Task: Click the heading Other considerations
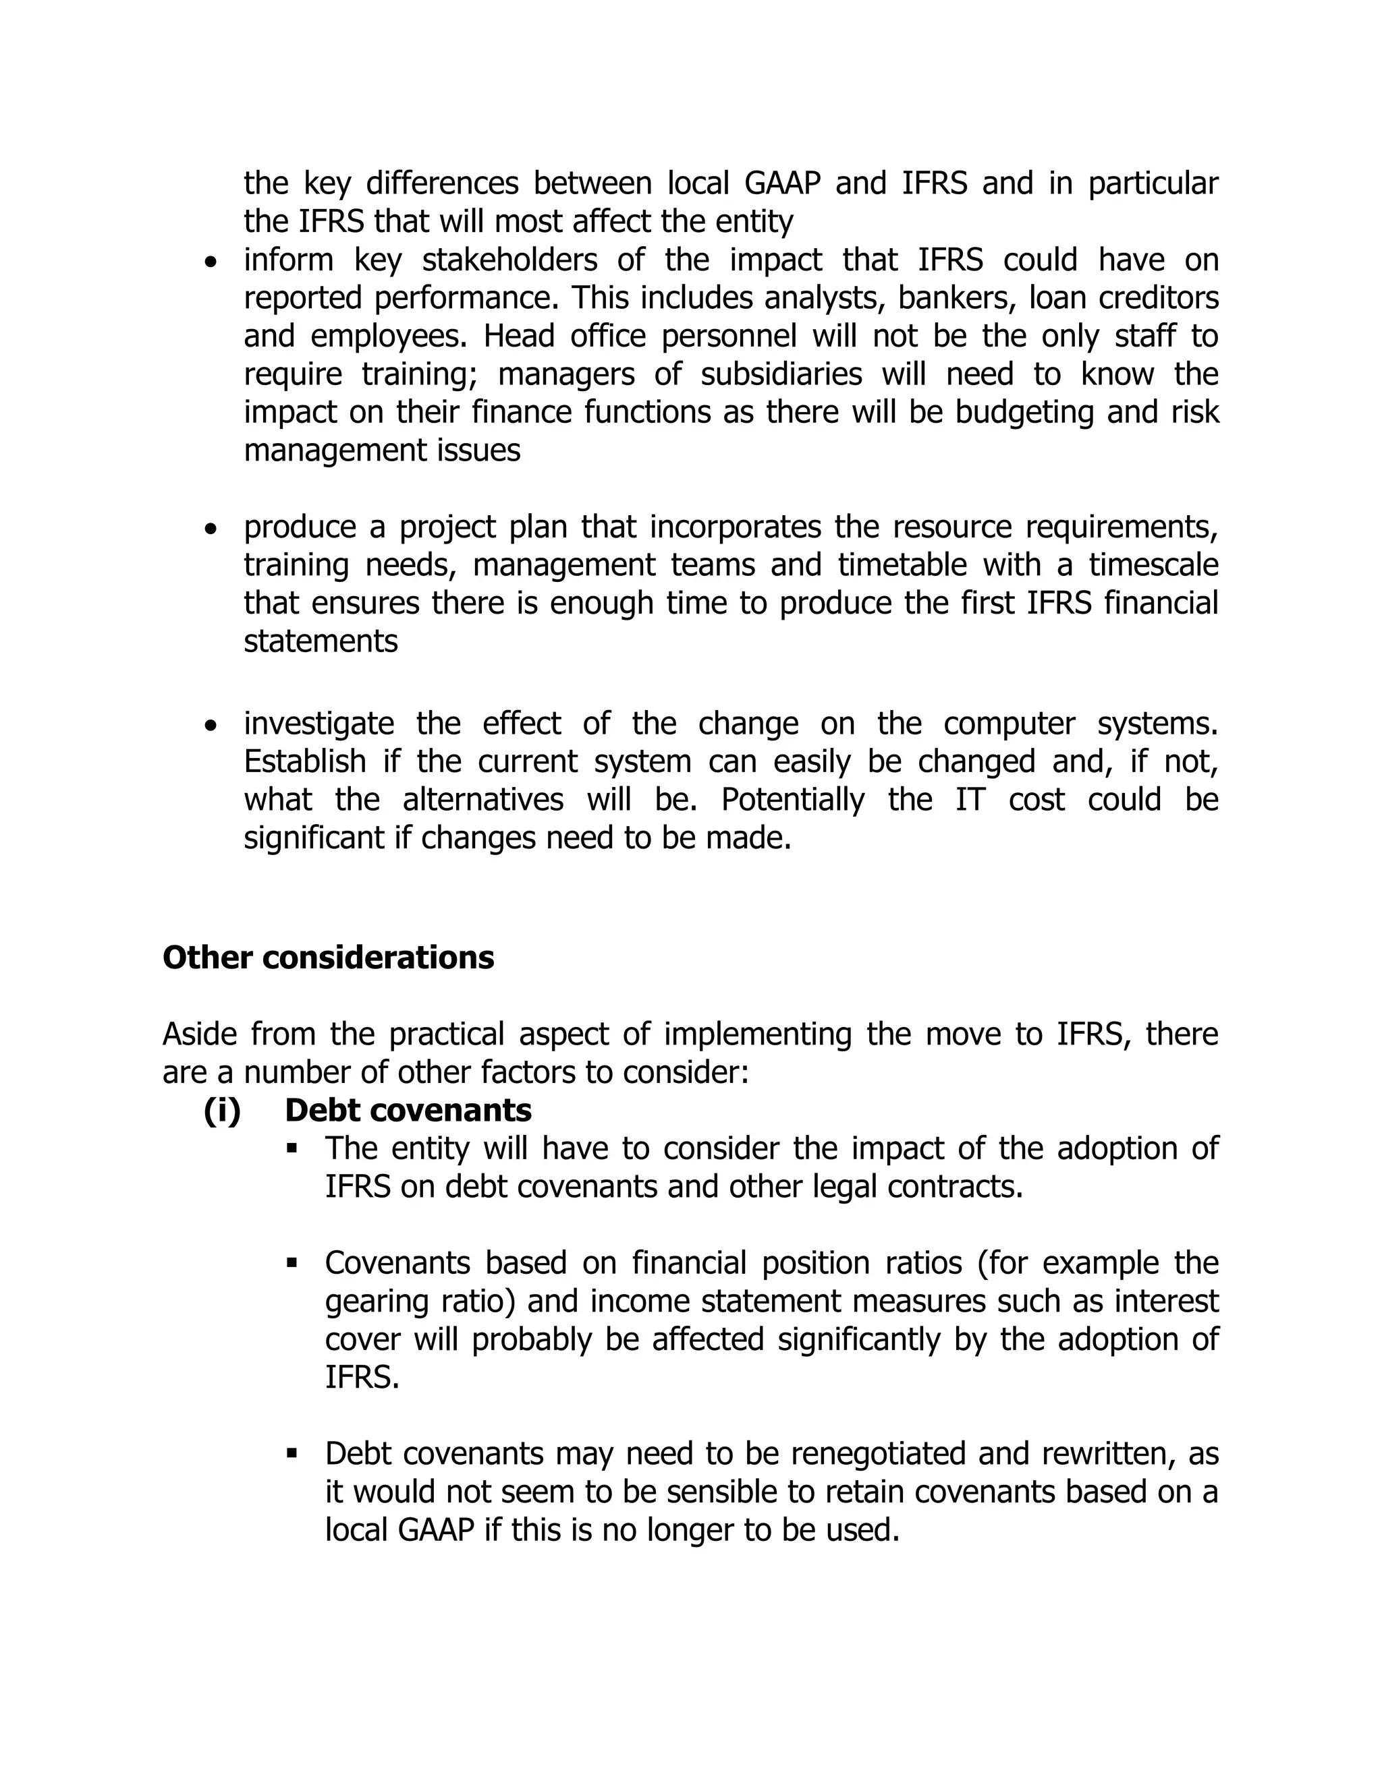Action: (329, 958)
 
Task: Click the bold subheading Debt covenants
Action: (408, 1111)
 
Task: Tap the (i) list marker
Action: (222, 1111)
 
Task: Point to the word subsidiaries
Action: (781, 375)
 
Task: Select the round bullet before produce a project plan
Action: (212, 530)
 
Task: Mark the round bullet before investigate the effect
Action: (212, 726)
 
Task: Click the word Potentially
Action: (792, 799)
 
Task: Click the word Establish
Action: (304, 762)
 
